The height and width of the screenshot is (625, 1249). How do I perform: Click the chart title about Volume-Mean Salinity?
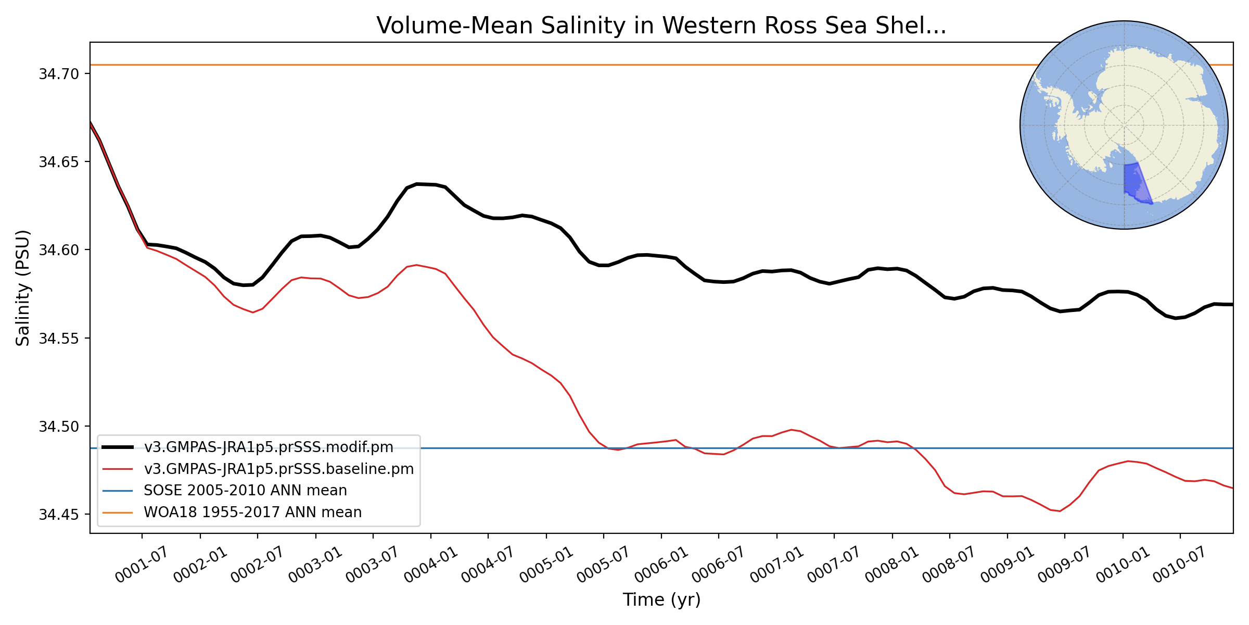(x=661, y=26)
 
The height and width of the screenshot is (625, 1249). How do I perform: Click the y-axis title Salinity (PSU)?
(x=23, y=287)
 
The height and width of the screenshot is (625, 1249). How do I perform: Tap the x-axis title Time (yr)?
(x=661, y=600)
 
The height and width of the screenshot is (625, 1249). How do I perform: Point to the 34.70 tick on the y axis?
(x=59, y=74)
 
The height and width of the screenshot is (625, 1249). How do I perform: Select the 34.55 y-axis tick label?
(x=59, y=339)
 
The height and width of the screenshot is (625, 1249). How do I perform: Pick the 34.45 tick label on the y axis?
(x=59, y=515)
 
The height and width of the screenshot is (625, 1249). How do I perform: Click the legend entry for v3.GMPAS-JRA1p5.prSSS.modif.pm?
(x=269, y=447)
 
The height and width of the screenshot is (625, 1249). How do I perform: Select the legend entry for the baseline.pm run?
(x=279, y=469)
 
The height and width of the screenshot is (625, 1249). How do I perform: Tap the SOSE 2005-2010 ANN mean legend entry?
(x=245, y=491)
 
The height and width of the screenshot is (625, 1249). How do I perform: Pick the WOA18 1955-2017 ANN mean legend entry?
(x=253, y=512)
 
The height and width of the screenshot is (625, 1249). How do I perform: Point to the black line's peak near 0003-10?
(x=417, y=184)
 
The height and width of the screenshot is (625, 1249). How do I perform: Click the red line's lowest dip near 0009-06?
(x=1060, y=511)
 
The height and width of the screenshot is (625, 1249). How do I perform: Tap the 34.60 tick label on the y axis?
(x=59, y=250)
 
